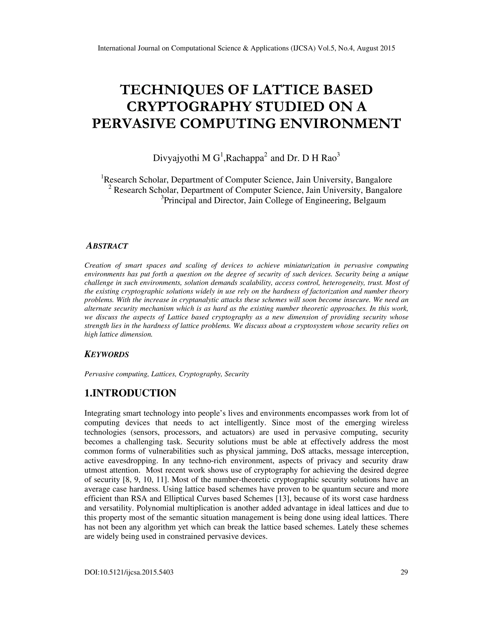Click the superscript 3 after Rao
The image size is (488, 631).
coord(339,155)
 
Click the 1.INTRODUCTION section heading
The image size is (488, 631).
coord(130,393)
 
